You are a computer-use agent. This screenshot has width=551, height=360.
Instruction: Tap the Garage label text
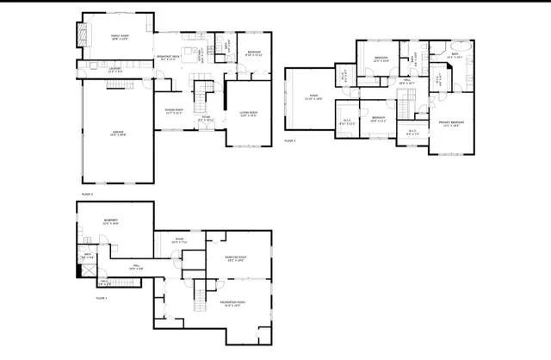pyautogui.click(x=118, y=133)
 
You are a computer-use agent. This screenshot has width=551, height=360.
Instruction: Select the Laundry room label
pyautogui.click(x=113, y=71)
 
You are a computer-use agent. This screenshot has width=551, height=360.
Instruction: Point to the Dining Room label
pyautogui.click(x=174, y=111)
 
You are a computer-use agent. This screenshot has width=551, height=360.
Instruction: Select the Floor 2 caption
pyautogui.click(x=87, y=195)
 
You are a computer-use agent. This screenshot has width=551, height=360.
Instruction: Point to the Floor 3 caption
pyautogui.click(x=289, y=140)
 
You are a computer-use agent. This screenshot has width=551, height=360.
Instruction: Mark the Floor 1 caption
pyautogui.click(x=102, y=298)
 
